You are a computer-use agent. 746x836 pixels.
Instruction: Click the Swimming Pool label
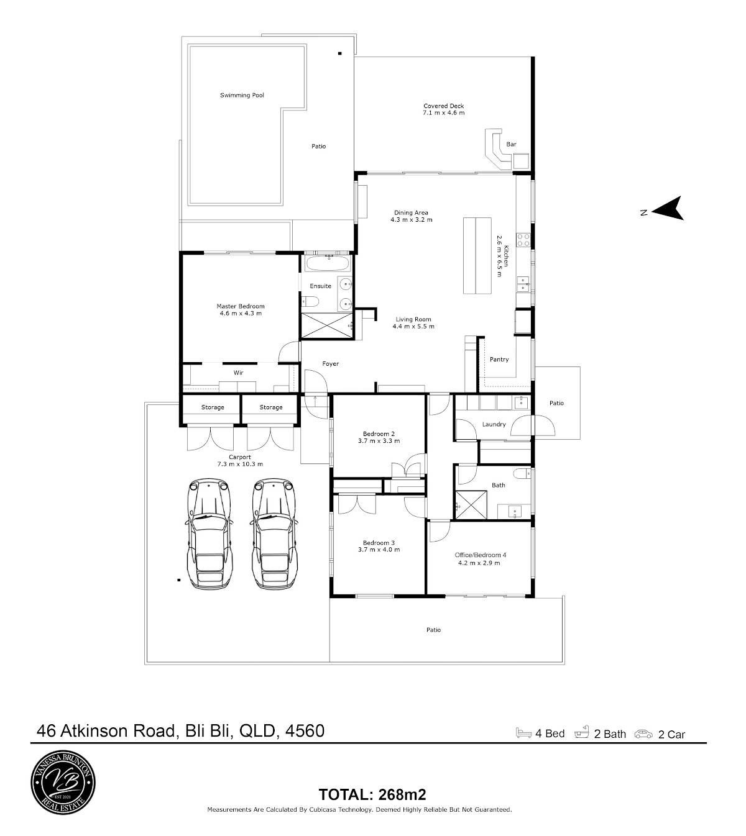click(242, 95)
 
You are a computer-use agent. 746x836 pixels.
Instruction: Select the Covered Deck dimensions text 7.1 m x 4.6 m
click(444, 112)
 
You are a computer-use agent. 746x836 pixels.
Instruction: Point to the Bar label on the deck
click(512, 145)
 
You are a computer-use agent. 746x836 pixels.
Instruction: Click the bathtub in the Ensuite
click(329, 263)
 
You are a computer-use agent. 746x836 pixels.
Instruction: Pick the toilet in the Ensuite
click(310, 302)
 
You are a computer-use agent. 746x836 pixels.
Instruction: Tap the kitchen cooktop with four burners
click(523, 240)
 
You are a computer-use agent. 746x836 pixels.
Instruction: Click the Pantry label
click(499, 360)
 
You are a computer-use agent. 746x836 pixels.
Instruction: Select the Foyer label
click(331, 363)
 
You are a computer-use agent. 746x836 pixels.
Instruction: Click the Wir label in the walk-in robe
click(238, 373)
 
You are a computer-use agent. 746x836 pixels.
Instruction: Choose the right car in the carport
click(274, 534)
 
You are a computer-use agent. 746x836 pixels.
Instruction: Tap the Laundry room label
click(494, 424)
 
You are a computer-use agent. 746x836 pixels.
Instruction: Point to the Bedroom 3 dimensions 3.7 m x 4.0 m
click(379, 550)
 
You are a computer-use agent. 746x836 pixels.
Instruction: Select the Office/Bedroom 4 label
click(481, 555)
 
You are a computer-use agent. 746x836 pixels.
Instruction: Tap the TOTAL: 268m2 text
click(372, 794)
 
